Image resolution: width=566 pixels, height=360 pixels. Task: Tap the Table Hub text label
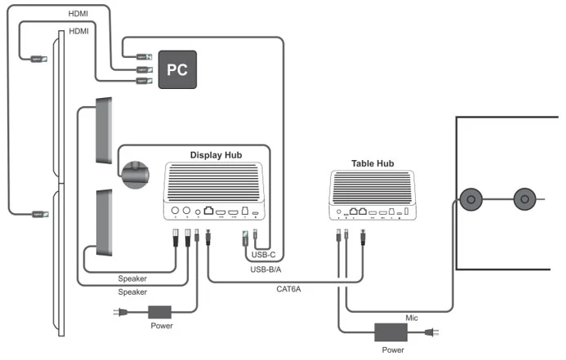pyautogui.click(x=372, y=163)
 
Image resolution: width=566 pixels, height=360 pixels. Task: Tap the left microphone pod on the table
pyautogui.click(x=471, y=199)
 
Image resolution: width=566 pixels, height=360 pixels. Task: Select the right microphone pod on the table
pyautogui.click(x=524, y=199)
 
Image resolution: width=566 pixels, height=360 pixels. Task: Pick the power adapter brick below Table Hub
pyautogui.click(x=390, y=332)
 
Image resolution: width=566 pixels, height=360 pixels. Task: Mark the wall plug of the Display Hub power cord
pyautogui.click(x=118, y=312)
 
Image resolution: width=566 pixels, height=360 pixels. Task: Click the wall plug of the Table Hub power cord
pyautogui.click(x=433, y=332)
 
